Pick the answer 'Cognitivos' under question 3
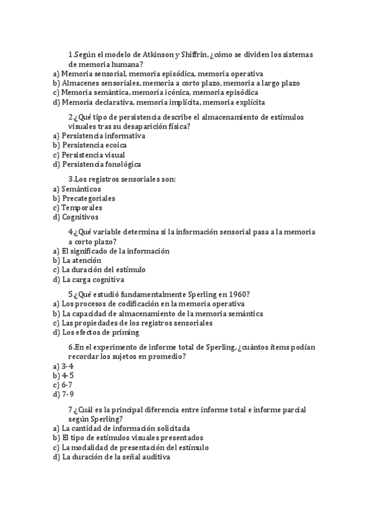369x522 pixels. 80,217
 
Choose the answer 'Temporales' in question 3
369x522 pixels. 82,207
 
